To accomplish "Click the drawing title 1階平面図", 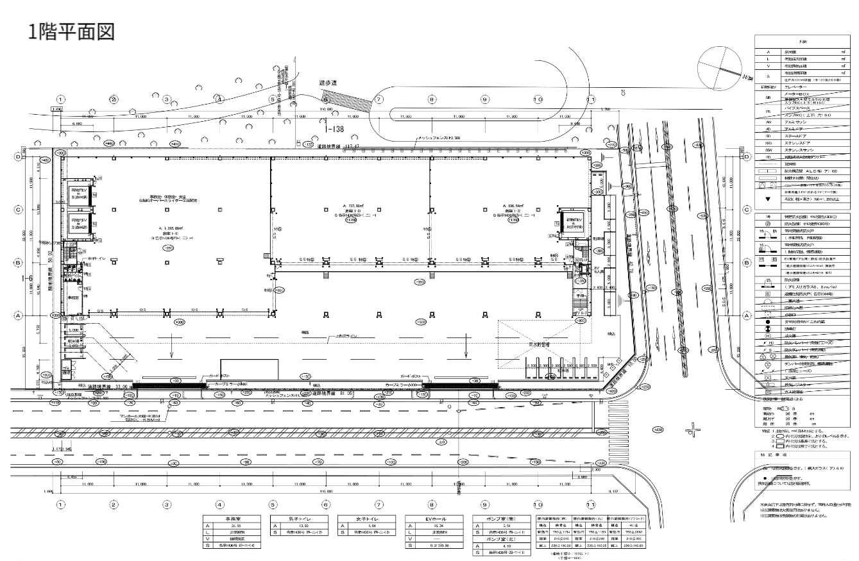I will [71, 31].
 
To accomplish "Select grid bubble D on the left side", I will [19, 156].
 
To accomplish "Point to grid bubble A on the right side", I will [747, 316].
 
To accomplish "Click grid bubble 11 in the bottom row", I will [591, 505].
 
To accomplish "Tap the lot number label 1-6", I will [27, 278].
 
